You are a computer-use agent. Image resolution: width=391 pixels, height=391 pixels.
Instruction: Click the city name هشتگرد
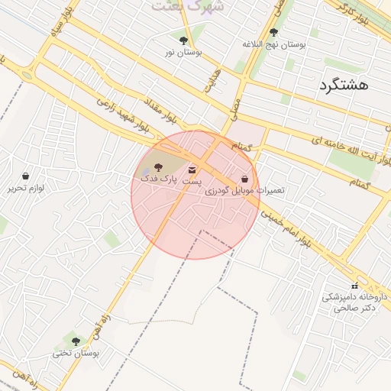344,85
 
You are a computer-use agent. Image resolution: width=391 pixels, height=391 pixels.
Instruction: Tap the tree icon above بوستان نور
183,40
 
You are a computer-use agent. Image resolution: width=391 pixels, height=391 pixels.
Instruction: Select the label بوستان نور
183,53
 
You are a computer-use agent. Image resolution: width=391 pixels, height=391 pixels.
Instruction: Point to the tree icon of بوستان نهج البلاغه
273,32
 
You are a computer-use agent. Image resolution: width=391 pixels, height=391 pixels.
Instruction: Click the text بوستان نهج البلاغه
274,44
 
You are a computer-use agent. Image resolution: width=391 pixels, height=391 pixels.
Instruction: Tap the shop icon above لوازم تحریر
26,176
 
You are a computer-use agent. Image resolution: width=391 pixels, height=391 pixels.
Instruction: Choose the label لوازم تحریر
27,187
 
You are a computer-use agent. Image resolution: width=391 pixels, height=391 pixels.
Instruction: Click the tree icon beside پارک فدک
158,166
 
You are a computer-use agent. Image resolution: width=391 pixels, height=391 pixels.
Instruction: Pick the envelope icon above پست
191,169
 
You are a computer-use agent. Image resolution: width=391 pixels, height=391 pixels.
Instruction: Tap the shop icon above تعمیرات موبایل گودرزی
244,178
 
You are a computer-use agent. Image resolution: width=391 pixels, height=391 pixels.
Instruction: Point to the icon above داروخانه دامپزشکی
354,285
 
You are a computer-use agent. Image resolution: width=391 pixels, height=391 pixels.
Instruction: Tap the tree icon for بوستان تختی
75,341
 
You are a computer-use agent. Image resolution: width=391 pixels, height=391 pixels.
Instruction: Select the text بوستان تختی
76,354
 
